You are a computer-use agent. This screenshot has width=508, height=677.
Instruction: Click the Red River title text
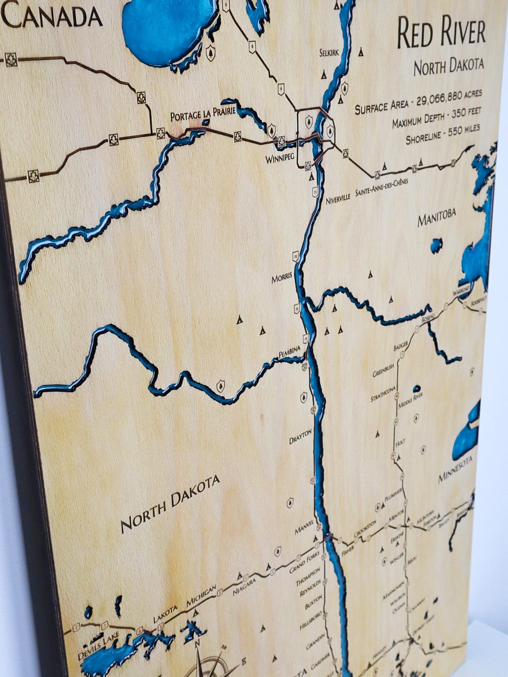441,33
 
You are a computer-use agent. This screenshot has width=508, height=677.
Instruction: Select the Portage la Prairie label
203,114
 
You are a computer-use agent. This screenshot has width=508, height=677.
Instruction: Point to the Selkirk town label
329,53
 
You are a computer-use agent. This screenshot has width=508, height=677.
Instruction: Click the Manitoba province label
437,218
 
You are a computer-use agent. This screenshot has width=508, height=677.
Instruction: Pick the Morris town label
282,278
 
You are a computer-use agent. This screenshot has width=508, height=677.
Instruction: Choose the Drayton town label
300,436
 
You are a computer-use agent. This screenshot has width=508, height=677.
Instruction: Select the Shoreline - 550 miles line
442,135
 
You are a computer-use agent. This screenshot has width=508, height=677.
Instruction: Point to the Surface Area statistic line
418,101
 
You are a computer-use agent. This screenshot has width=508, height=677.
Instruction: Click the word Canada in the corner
53,18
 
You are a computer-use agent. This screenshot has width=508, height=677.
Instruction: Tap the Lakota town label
166,614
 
